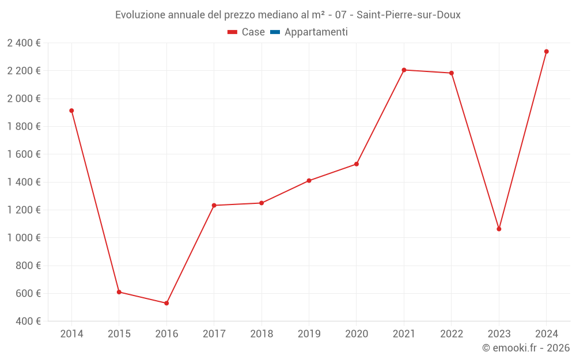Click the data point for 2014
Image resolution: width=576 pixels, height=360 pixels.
click(x=71, y=111)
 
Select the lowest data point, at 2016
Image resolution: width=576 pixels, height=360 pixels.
click(x=166, y=303)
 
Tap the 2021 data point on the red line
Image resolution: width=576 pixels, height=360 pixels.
click(x=404, y=70)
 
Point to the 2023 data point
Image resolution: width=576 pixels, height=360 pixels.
click(x=499, y=229)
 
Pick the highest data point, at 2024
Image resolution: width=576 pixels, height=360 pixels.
click(x=546, y=51)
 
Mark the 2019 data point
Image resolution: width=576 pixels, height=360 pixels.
click(x=309, y=181)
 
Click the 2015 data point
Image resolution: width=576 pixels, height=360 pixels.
click(x=119, y=292)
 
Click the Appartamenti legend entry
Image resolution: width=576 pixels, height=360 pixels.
click(x=316, y=32)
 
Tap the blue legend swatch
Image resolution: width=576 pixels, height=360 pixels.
click(x=275, y=32)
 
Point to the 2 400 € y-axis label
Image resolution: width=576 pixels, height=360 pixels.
click(x=24, y=43)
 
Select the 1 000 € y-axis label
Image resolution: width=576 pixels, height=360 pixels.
click(x=24, y=238)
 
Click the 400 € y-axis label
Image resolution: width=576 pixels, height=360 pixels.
click(x=28, y=321)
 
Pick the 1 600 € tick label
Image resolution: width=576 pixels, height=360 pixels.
click(x=24, y=154)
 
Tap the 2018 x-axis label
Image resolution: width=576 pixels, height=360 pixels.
click(x=262, y=334)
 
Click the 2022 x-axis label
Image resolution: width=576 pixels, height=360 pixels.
click(x=451, y=334)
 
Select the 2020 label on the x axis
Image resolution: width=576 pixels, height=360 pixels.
click(x=357, y=334)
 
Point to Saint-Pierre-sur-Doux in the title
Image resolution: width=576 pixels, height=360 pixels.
click(x=408, y=15)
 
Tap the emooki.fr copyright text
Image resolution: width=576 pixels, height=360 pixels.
click(x=526, y=348)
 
